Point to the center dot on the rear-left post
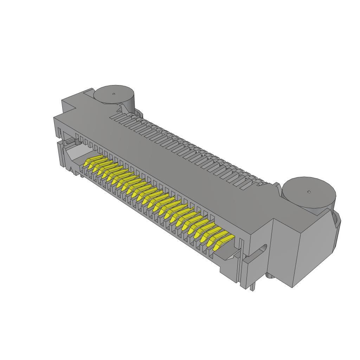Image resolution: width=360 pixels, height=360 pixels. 114,94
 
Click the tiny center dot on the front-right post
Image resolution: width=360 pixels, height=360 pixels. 309,192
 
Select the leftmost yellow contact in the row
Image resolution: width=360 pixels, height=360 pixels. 90,163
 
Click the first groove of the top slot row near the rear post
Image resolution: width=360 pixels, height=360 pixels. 115,116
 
